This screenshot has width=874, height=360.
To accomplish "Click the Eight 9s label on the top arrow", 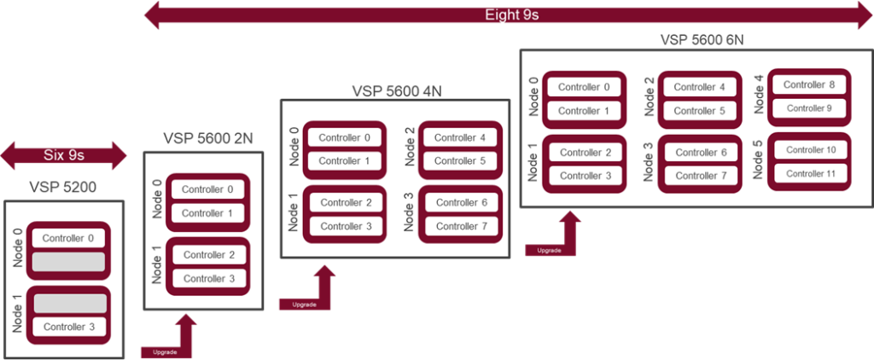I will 511,15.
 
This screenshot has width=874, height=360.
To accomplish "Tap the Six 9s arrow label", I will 65,154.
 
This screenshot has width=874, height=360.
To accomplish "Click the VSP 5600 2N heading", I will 207,137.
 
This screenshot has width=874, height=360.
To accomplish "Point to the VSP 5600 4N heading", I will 396,90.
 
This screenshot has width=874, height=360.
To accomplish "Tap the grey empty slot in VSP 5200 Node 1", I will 68,303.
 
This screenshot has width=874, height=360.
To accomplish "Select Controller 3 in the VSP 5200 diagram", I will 68,327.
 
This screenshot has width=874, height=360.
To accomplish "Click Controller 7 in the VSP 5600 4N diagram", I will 462,226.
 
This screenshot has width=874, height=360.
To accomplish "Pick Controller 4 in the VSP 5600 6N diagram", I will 699,87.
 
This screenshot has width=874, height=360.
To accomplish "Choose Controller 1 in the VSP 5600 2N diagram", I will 207,213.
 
